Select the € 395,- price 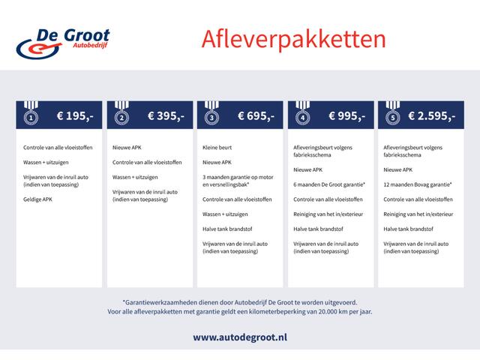point(165,116)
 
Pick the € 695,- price point(256,116)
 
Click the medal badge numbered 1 point(30,115)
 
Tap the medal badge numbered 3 point(211,115)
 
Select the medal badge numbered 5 point(391,115)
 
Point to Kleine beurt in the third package point(217,148)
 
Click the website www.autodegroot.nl point(239,337)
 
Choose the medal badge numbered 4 point(302,115)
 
